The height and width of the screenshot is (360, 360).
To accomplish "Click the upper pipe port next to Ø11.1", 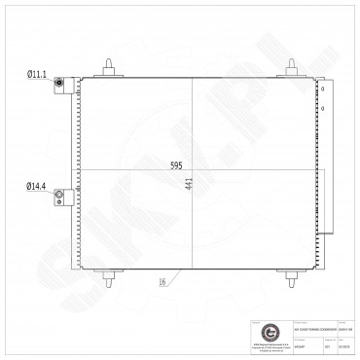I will (59, 85).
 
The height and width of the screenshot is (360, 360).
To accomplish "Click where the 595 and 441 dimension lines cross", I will (194, 171).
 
